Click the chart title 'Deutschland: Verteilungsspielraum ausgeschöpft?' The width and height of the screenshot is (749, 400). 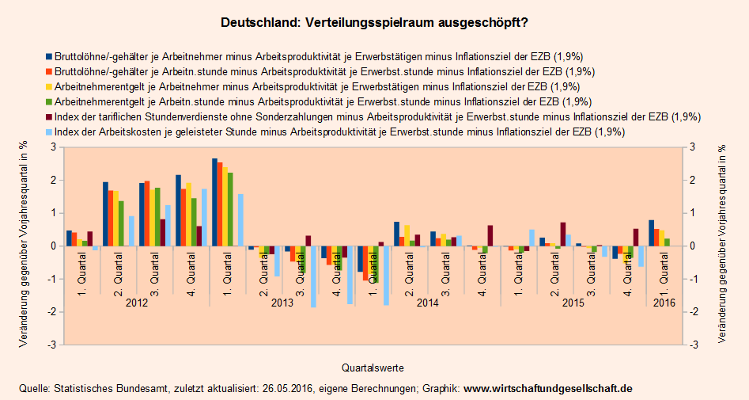[x=374, y=23]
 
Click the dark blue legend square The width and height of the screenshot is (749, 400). [x=49, y=57]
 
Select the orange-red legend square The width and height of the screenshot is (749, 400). [x=49, y=72]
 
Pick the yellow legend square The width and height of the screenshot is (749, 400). [x=49, y=87]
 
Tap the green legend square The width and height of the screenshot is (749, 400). [x=49, y=102]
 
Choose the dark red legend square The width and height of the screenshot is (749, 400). [x=49, y=117]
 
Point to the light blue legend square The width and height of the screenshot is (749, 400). [x=49, y=132]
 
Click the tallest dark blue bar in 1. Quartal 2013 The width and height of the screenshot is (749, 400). [x=214, y=202]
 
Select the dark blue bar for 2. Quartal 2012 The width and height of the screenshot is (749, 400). [x=105, y=214]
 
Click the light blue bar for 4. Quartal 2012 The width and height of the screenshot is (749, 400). [x=204, y=217]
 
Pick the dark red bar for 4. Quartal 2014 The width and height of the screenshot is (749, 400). [x=490, y=235]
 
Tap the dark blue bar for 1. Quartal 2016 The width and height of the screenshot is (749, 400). [x=651, y=233]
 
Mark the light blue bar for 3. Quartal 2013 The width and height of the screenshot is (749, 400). [x=313, y=276]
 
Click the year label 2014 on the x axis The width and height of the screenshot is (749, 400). [x=428, y=303]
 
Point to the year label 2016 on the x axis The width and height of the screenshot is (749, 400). [x=664, y=303]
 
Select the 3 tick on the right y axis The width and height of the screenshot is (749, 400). [x=693, y=147]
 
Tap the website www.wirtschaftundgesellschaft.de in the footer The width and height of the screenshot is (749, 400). [x=547, y=389]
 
